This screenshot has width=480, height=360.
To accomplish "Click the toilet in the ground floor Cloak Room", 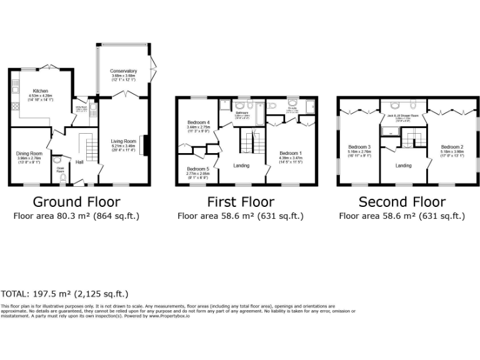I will click(x=61, y=179).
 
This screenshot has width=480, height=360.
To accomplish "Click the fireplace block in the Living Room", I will click(x=146, y=144).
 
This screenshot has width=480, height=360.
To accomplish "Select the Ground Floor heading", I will click(x=76, y=202).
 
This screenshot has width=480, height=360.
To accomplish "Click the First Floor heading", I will click(x=241, y=202).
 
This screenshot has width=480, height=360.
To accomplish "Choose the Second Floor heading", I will click(x=402, y=202).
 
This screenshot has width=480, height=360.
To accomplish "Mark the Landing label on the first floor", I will click(x=241, y=166).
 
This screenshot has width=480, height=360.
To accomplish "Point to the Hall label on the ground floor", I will click(x=80, y=162).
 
